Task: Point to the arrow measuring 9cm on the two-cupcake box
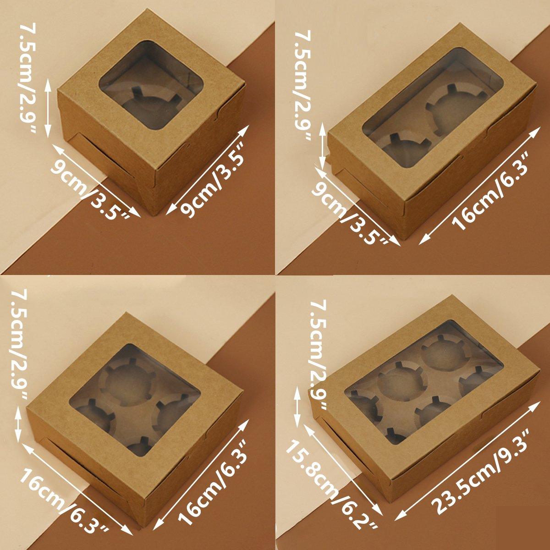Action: tap(357, 206)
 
